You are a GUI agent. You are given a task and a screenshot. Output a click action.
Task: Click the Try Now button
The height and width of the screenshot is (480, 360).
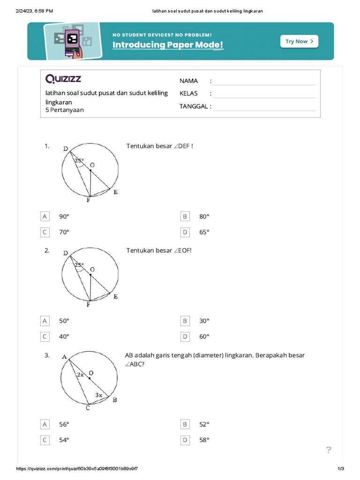tap(299, 41)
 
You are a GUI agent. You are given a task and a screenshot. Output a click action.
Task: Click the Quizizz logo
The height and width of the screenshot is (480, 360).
tap(63, 78)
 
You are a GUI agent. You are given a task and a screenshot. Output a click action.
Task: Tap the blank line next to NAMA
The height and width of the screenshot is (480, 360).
tap(264, 81)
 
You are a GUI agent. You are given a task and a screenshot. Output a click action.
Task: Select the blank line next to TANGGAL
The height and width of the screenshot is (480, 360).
tap(264, 106)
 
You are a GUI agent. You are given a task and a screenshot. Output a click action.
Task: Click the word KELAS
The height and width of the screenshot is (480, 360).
tap(188, 93)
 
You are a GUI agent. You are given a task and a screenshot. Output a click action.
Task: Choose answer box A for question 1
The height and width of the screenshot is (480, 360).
tap(45, 217)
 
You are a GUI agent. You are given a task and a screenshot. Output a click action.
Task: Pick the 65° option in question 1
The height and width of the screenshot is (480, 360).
tap(204, 232)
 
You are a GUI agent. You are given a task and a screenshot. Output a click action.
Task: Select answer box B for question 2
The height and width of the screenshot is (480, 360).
tap(185, 321)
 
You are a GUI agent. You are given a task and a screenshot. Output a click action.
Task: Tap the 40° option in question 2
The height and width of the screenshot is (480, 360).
tap(64, 337)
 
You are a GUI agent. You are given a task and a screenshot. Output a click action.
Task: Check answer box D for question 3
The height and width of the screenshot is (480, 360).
tap(185, 440)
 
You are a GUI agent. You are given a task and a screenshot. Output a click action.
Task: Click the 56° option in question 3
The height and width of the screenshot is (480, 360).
tap(64, 425)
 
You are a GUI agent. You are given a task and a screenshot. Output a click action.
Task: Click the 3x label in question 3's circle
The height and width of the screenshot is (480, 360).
tap(99, 395)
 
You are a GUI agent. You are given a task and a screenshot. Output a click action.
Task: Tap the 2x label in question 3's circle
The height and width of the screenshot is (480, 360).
tap(81, 375)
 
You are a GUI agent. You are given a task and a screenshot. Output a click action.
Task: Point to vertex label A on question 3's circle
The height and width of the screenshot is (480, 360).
tap(64, 357)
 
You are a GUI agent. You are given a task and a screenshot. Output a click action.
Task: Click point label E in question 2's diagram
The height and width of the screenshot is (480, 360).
tap(115, 296)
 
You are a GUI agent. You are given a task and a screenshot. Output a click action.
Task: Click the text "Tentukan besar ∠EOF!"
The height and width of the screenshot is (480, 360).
tap(159, 250)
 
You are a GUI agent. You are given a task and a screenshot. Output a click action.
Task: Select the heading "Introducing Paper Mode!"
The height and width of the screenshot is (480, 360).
tap(168, 45)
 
